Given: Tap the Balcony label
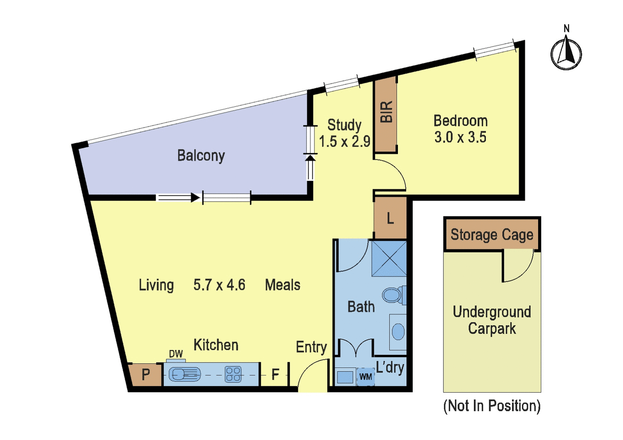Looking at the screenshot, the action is (201, 156).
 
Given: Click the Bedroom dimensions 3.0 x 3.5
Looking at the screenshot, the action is (461, 137).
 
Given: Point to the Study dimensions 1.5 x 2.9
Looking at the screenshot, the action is (345, 141).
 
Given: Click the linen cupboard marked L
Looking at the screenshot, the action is (390, 218).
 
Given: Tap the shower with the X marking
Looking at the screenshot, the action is (389, 259).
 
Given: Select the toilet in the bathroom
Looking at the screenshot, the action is (394, 295).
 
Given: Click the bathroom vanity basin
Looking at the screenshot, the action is (398, 332).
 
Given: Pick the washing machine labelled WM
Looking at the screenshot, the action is (366, 377).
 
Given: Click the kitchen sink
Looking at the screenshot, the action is (185, 374).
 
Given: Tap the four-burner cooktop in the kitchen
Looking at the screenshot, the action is (233, 374).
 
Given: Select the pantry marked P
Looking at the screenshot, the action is (146, 374).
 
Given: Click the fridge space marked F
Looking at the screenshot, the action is (275, 374).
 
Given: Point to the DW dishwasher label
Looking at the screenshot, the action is (176, 354).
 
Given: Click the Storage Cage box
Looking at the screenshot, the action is (492, 234).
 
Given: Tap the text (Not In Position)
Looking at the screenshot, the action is (492, 406).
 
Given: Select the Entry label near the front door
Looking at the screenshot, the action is (311, 347).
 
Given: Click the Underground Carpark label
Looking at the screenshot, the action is (492, 320).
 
